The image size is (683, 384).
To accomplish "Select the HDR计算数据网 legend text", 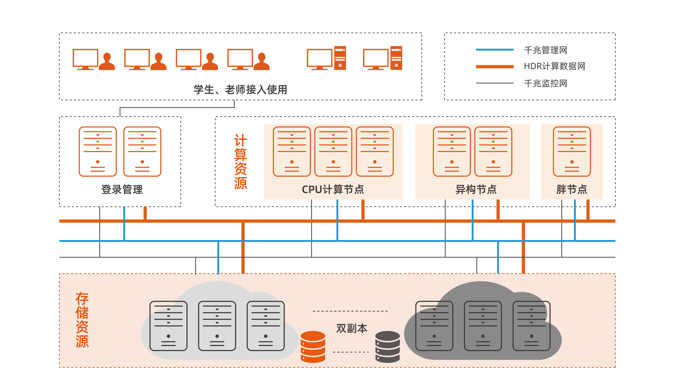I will click(554, 66).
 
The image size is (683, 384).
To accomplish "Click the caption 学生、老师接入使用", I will click(240, 90).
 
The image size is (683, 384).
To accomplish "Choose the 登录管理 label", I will click(122, 189).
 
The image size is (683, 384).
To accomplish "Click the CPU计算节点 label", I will click(333, 189).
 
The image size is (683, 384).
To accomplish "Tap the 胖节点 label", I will click(572, 189).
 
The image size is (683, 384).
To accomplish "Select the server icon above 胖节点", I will click(572, 151).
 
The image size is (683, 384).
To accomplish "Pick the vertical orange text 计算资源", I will click(240, 162).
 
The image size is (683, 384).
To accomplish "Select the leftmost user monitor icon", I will click(85, 59).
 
